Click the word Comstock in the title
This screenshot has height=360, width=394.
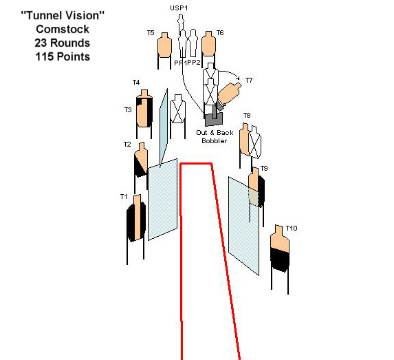63,29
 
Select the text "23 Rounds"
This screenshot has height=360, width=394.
63,43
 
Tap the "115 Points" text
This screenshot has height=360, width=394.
63,56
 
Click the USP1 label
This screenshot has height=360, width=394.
179,8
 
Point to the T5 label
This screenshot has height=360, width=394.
151,33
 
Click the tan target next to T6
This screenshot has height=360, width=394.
208,44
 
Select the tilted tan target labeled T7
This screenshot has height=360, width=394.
229,93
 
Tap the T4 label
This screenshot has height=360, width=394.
136,83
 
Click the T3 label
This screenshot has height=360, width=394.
128,110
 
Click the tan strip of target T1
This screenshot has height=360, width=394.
138,218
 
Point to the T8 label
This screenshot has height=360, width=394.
247,115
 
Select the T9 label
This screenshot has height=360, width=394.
264,169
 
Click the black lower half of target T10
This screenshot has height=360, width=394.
280,260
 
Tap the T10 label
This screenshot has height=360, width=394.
292,228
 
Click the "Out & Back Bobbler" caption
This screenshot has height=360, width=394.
215,136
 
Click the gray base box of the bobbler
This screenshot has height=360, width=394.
214,119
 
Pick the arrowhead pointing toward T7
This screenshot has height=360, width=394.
238,78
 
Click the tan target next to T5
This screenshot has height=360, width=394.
164,45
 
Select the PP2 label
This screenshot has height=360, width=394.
194,63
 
